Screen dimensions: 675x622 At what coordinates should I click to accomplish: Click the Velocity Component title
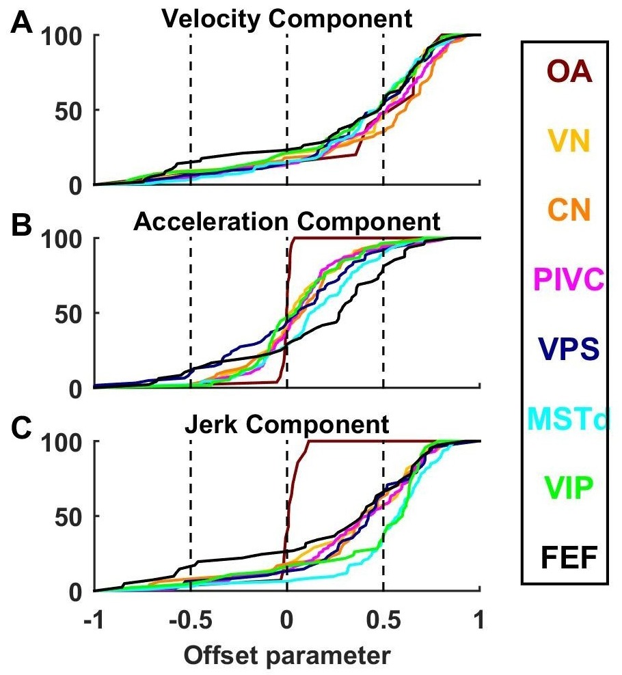point(287,18)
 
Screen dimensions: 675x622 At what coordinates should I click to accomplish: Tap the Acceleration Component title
point(287,222)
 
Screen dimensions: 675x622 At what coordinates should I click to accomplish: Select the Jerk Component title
point(287,426)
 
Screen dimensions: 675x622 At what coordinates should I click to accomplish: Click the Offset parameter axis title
point(287,655)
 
